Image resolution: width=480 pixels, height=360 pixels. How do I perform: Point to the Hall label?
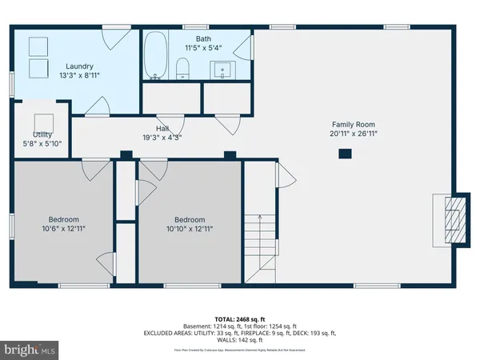(x=162, y=128)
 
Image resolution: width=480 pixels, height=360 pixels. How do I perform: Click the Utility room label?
(x=42, y=134)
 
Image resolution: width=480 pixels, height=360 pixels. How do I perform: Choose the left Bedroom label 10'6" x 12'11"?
(x=63, y=220)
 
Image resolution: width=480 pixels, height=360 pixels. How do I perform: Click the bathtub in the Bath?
(x=156, y=56)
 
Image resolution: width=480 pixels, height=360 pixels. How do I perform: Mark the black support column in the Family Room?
(x=345, y=153)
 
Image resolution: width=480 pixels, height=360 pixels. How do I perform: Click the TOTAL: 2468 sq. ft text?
(x=239, y=318)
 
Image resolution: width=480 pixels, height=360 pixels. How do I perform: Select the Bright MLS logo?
(x=30, y=350)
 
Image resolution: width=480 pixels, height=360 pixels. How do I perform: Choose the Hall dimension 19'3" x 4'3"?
(x=162, y=137)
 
